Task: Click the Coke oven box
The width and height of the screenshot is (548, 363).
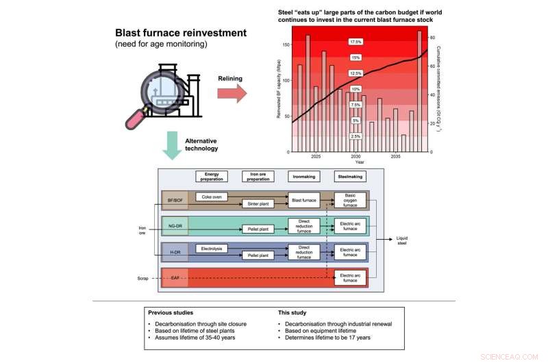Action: [212, 196]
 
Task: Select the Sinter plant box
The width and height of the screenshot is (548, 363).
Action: [259, 203]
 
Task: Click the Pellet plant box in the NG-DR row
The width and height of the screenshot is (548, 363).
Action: [259, 229]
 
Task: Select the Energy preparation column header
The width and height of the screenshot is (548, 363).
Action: [212, 176]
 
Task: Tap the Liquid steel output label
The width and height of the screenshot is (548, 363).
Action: [405, 240]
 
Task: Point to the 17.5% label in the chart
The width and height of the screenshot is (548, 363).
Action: [356, 42]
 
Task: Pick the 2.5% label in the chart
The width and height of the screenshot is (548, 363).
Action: [356, 136]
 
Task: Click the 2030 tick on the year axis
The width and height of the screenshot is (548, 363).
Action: [356, 157]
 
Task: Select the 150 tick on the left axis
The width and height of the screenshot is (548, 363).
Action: [286, 44]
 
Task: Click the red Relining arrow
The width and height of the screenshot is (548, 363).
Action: [232, 94]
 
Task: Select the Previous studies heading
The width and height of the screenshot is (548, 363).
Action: [171, 312]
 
